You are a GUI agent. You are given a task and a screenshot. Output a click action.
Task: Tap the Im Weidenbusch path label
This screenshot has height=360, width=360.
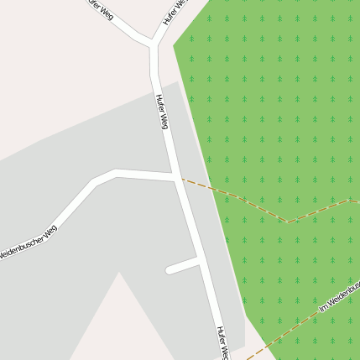tap(339, 298)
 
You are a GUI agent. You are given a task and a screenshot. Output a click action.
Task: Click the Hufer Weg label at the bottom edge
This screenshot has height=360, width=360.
tap(222, 342)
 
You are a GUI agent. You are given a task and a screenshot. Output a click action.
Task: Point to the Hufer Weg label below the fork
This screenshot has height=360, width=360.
tap(162, 111)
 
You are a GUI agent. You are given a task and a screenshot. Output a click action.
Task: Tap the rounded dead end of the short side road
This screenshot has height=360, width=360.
tap(170, 270)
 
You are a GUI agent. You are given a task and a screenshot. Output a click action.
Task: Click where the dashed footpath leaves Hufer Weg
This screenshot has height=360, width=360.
tap(183, 179)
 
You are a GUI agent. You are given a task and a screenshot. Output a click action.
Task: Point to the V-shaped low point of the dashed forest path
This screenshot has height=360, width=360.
tap(287, 222)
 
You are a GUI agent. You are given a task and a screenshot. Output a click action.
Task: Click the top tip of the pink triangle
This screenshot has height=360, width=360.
tap(119, 273)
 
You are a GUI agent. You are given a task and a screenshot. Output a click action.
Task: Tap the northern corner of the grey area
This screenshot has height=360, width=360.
tap(177, 81)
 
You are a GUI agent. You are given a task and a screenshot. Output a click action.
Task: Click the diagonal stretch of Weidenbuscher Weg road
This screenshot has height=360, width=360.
tap(63, 213)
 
